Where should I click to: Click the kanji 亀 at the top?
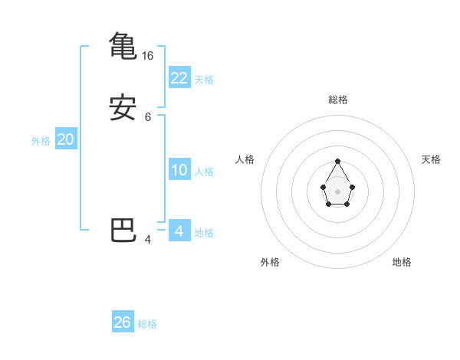pos(123,45)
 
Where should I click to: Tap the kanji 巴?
pos(123,230)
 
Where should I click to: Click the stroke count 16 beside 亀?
pos(148,56)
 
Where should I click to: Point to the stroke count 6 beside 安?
pos(148,117)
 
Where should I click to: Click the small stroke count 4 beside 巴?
pos(148,240)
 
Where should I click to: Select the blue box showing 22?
pos(179,77)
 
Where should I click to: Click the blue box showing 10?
pos(179,170)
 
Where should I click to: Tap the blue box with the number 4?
pos(179,231)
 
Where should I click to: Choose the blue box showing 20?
pos(66,139)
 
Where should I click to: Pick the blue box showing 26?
pos(123,322)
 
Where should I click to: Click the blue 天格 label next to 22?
pos(204,79)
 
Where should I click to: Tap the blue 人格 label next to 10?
pos(205,172)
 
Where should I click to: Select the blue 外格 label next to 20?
pos(41,141)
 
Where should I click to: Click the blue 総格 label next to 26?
pos(147,324)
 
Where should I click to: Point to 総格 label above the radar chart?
pos(337,100)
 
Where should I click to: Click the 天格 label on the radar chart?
pos(431,159)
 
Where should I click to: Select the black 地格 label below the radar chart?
pos(402,262)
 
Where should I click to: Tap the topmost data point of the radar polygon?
pos(337,162)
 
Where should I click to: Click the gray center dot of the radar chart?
pos(337,191)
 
